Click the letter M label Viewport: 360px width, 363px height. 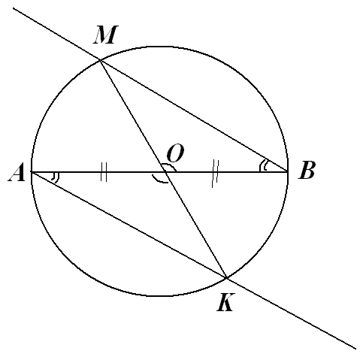tap(105, 35)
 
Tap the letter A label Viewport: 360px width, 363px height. tap(17, 172)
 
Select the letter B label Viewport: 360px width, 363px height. tap(307, 170)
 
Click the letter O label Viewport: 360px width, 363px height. tap(175, 153)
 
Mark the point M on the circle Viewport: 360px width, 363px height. tap(100, 60)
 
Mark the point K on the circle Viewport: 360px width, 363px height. tap(227, 277)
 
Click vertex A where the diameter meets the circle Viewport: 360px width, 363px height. tap(32, 172)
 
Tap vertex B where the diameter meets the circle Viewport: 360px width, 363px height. tap(288, 172)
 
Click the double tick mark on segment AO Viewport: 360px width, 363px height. tap(104, 172)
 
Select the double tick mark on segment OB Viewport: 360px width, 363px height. tap(215, 174)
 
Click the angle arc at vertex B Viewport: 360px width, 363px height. tap(262, 165)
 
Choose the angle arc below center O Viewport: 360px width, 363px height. tap(159, 180)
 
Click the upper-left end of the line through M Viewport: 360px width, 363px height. tap(14, 8)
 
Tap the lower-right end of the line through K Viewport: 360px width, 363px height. tap(355, 348)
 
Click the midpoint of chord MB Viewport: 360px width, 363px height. tap(194, 116)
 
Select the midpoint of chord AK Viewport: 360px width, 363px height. tap(129, 225)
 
